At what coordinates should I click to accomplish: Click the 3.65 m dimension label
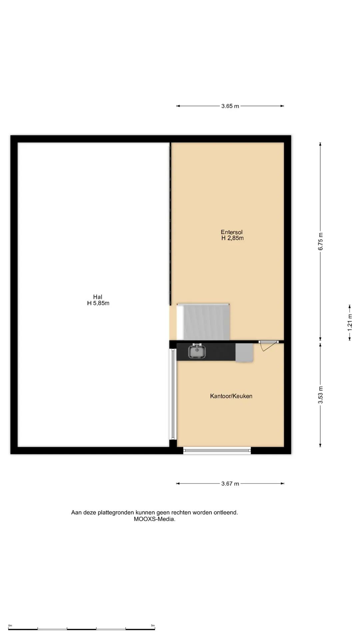coord(230,106)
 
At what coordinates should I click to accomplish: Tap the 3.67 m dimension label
coord(230,484)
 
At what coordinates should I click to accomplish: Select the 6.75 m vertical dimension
coord(320,242)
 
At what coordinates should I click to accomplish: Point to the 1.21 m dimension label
coord(350,322)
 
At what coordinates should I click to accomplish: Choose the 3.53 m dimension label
coord(320,395)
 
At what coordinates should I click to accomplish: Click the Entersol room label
coord(232,232)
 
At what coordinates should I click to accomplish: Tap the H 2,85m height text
coord(232,238)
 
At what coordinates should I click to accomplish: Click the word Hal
coord(98,297)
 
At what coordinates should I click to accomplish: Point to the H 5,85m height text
coord(98,303)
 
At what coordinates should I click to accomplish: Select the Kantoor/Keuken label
coord(231,396)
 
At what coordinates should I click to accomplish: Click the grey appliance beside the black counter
coord(244,353)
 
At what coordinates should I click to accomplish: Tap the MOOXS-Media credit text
coord(155,519)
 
